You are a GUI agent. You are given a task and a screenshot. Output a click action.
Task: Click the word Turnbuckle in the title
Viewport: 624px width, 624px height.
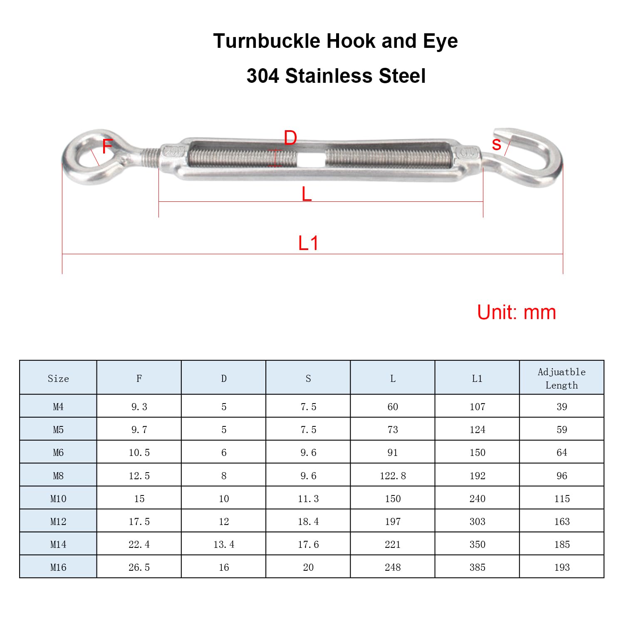267,41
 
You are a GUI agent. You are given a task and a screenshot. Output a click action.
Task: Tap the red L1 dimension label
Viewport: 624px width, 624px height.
308,243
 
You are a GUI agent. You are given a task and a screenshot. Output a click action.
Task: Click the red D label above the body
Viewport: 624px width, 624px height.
290,138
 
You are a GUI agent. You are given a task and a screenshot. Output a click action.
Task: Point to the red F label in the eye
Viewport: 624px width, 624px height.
107,146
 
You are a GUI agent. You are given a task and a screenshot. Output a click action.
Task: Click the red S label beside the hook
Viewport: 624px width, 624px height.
496,144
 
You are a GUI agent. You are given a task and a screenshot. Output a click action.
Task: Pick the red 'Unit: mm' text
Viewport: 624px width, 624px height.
516,312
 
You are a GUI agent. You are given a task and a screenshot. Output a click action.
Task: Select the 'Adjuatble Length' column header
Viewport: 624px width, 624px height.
562,378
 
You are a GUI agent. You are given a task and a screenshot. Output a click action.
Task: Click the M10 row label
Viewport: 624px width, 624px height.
58,498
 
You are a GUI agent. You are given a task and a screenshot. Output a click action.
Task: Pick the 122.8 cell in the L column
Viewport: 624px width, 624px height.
393,475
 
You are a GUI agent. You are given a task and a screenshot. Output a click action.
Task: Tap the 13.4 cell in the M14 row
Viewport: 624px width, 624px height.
224,544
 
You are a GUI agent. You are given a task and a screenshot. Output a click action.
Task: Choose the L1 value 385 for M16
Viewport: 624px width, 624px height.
477,567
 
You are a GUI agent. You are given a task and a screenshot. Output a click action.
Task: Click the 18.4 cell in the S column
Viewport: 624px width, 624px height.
308,521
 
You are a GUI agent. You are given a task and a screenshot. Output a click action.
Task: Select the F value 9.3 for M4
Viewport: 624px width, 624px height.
139,407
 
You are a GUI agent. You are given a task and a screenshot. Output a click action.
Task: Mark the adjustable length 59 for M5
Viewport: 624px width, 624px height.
562,430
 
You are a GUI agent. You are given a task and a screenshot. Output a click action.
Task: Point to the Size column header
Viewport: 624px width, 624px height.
58,378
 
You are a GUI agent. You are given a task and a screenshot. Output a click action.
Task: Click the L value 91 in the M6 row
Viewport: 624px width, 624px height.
393,453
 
